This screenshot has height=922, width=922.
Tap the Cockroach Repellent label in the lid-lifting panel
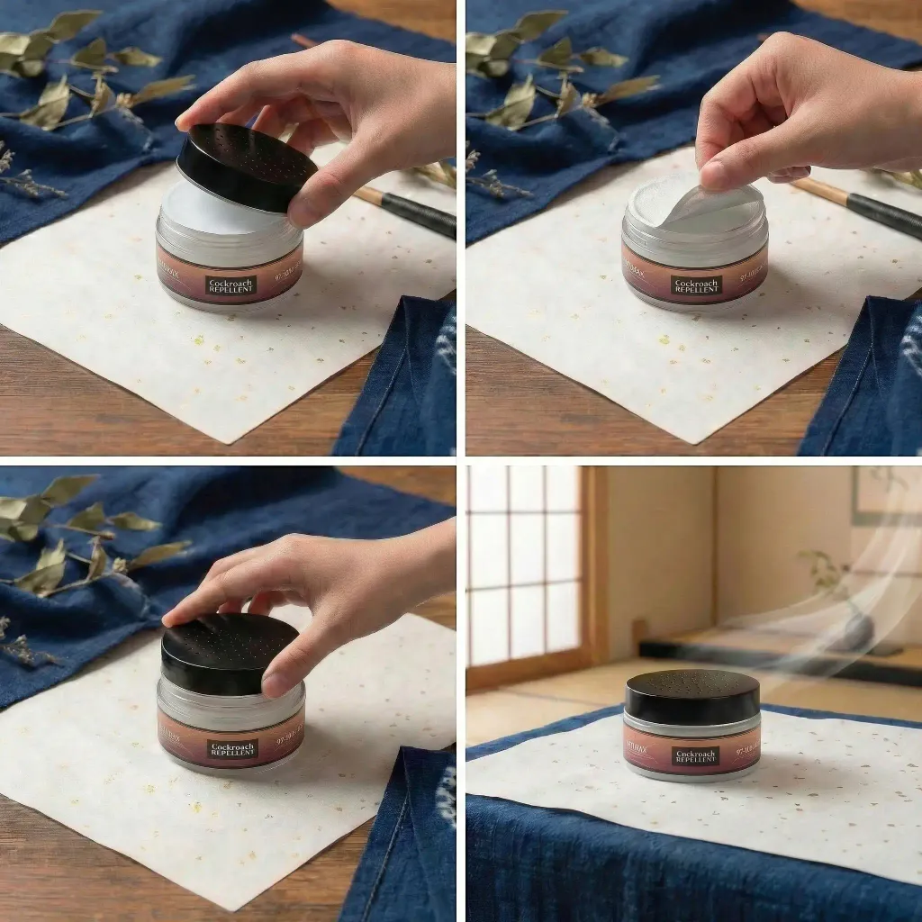pos(230,285)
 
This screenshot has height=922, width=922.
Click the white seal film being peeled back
pos(711,205)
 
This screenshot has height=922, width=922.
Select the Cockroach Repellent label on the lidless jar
pos(696,285)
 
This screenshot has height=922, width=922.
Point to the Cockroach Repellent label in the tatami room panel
pos(695,755)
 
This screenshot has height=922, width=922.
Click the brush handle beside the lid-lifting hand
pos(410,209)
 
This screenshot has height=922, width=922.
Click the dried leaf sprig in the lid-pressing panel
pos(81,540)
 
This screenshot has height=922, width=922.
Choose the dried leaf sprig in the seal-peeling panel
pos(549,81)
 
